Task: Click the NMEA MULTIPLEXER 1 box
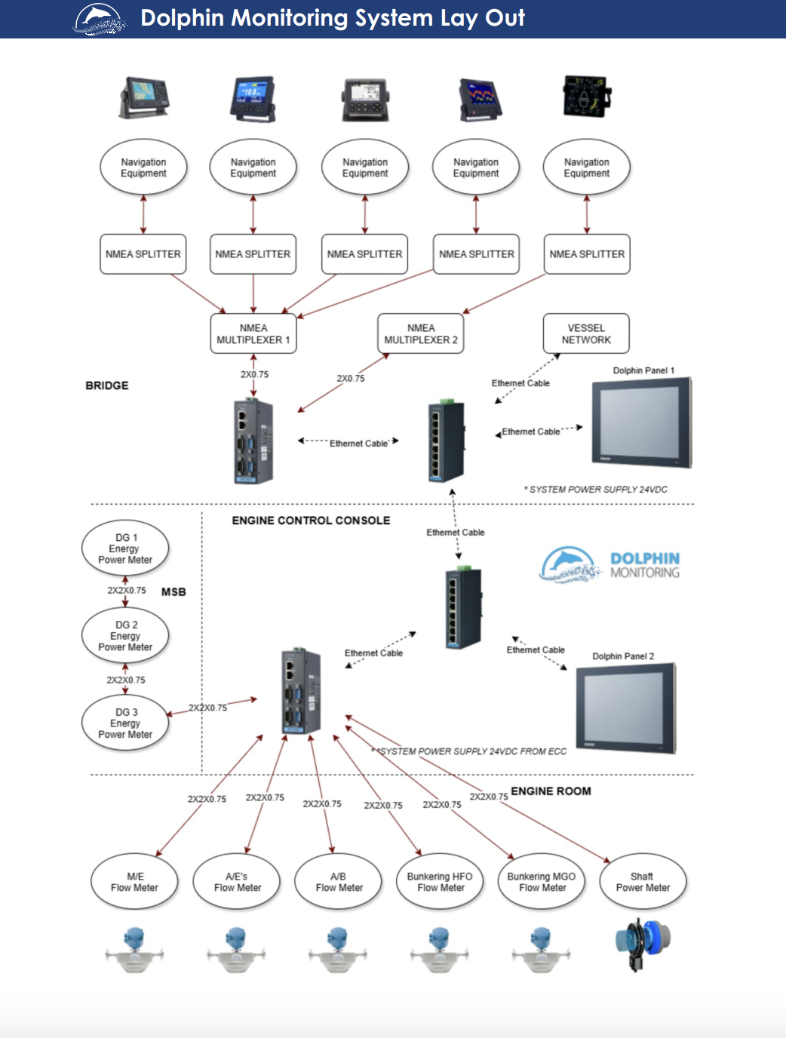click(253, 333)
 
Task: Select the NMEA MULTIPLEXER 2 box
click(421, 333)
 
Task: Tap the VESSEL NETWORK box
click(586, 333)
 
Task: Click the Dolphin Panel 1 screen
click(642, 422)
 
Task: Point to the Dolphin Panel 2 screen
click(626, 708)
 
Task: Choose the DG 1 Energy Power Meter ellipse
click(124, 548)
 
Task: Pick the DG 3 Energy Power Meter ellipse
click(124, 723)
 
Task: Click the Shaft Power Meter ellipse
click(643, 882)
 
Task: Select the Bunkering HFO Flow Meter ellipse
click(440, 882)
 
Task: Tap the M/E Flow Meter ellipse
click(135, 882)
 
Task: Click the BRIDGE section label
click(107, 385)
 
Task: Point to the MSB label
click(173, 591)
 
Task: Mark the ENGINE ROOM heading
click(551, 791)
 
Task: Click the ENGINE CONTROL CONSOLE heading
click(311, 521)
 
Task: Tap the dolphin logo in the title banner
click(100, 20)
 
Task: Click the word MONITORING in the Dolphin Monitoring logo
click(645, 573)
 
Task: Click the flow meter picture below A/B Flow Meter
click(338, 949)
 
